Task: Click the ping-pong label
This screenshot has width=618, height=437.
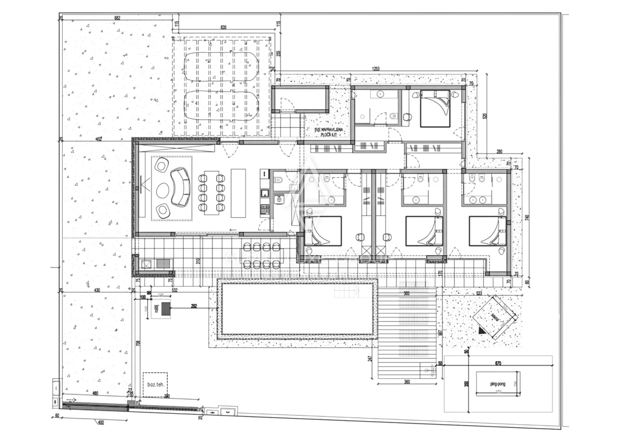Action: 489,383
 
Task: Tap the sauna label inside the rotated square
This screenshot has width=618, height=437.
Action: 495,317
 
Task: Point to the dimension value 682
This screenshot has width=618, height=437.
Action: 117,18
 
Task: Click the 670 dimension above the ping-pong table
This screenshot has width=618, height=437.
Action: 497,363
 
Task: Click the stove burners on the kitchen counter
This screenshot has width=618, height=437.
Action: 265,209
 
